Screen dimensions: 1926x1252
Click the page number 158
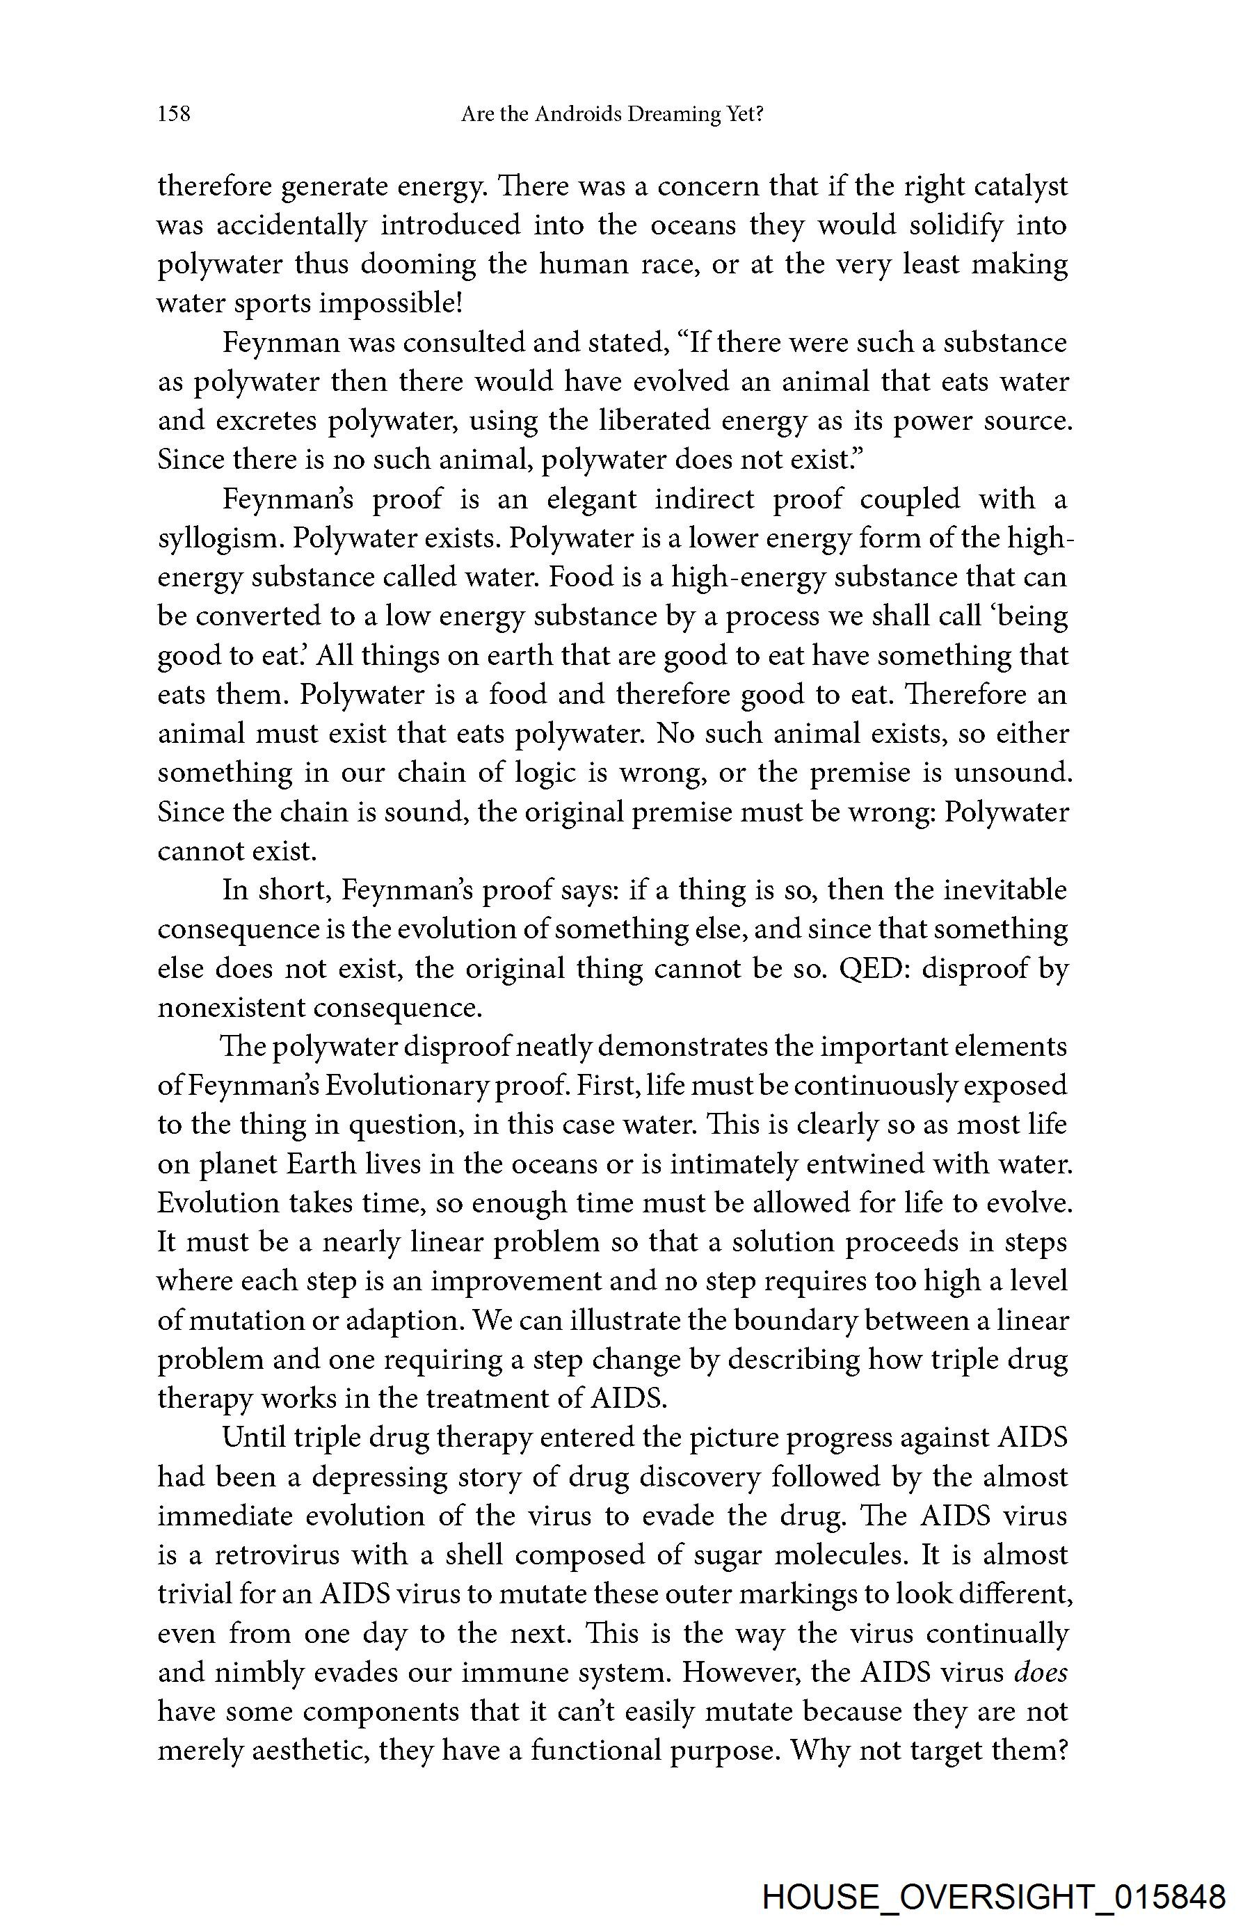(x=174, y=114)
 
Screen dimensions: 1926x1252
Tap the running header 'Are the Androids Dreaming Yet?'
(x=612, y=114)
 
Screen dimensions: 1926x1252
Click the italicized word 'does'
(x=1040, y=1673)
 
